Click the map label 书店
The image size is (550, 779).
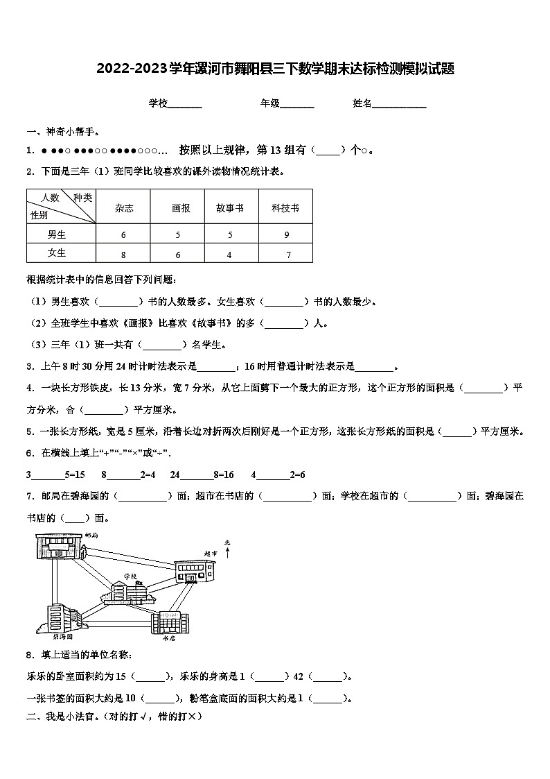(168, 639)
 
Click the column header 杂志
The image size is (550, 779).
(124, 207)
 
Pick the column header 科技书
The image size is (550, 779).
(285, 207)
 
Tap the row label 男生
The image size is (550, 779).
(57, 234)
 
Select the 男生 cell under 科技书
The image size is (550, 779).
(285, 234)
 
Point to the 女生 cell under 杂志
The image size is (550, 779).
(124, 255)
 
